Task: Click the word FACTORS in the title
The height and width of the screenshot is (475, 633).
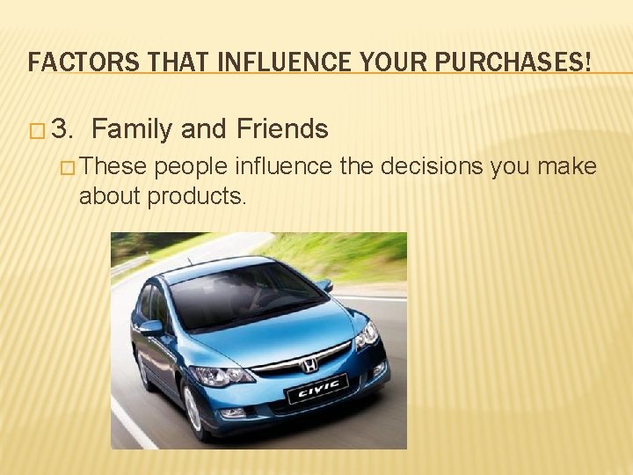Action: (69, 62)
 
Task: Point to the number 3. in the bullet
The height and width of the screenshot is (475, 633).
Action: (64, 130)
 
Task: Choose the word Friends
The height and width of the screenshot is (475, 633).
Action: (282, 130)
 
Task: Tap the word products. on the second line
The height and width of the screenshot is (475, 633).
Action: (197, 196)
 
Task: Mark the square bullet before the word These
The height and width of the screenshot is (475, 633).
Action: (68, 167)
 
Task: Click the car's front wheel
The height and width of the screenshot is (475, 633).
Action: (193, 407)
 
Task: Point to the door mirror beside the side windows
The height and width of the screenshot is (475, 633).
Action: (151, 327)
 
